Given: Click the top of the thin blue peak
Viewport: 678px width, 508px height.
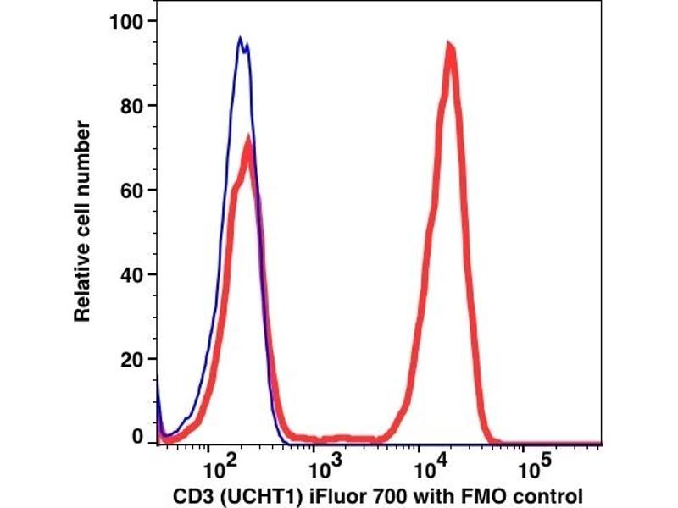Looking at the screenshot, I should [x=241, y=38].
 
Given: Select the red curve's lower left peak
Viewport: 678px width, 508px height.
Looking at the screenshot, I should [x=247, y=140].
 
